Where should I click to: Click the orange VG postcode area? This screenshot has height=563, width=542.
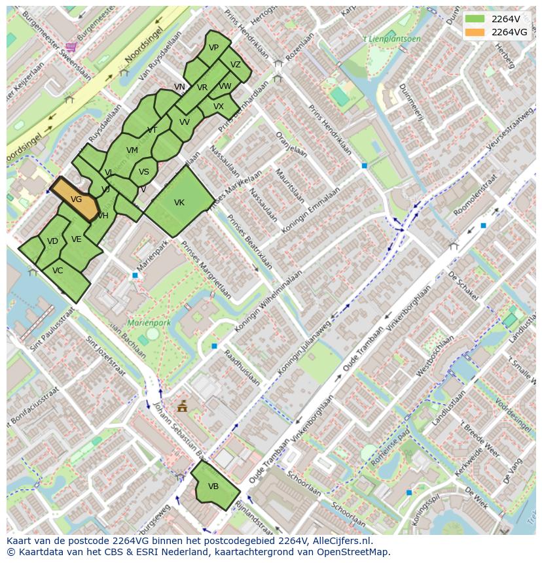pos(75,199)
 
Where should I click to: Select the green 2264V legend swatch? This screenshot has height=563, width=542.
pos(476,18)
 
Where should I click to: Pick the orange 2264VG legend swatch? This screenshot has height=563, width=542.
pos(476,31)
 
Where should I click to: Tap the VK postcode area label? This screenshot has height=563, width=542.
pos(179,203)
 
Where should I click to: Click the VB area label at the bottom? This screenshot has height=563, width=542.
pos(213,486)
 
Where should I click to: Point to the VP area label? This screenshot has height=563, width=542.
pos(213,48)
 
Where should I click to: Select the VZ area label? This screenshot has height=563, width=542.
pos(236,65)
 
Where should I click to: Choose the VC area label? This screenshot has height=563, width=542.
pos(58,270)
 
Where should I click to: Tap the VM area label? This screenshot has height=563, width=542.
pos(132,150)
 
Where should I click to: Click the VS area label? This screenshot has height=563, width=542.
pos(144,172)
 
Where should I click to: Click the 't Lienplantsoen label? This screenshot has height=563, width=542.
pos(392,39)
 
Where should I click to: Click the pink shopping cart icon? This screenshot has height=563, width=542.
pos(71,46)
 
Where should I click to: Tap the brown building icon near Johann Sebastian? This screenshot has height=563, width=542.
pos(182,407)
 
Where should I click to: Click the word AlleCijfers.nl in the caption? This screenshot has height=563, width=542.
pos(340,541)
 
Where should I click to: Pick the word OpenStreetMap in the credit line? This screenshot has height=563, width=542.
pos(353,552)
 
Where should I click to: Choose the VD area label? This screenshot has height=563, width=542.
pos(53,241)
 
